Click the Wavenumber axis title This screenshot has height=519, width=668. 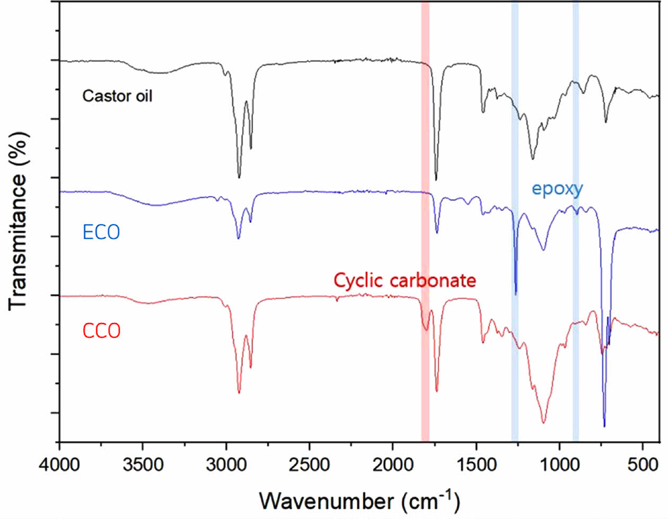click(x=360, y=500)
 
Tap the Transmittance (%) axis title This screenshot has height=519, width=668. click(x=18, y=220)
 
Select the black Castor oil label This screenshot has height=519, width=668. click(x=117, y=96)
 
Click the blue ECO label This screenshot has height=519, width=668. click(x=101, y=232)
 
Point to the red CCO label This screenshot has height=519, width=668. click(x=101, y=331)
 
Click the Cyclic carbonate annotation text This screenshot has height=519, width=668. click(x=405, y=280)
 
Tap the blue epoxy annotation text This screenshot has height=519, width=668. click(x=557, y=188)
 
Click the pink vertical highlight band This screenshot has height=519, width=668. click(x=425, y=159)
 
